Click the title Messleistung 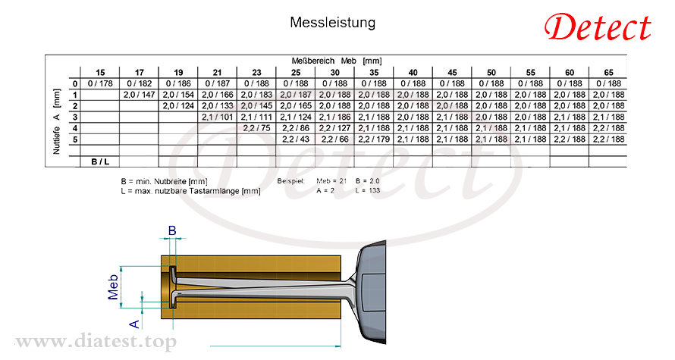(x=332, y=23)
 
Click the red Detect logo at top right (x=598, y=27)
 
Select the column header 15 (x=100, y=72)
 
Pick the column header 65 (x=608, y=72)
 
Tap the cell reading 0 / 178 (x=100, y=83)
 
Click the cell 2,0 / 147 (x=139, y=95)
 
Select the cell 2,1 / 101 (x=218, y=117)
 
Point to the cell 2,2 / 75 (x=256, y=128)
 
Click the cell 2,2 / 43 (x=296, y=139)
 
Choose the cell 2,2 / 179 (x=374, y=139)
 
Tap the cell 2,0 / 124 (x=178, y=106)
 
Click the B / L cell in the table (x=100, y=161)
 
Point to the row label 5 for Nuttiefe (x=75, y=139)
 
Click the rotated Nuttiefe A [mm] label (x=56, y=121)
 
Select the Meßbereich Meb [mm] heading (x=337, y=61)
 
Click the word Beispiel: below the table (x=291, y=181)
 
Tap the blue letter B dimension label (x=172, y=230)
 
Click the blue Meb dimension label (x=113, y=287)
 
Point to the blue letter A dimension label (x=134, y=324)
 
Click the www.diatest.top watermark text (x=96, y=342)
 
